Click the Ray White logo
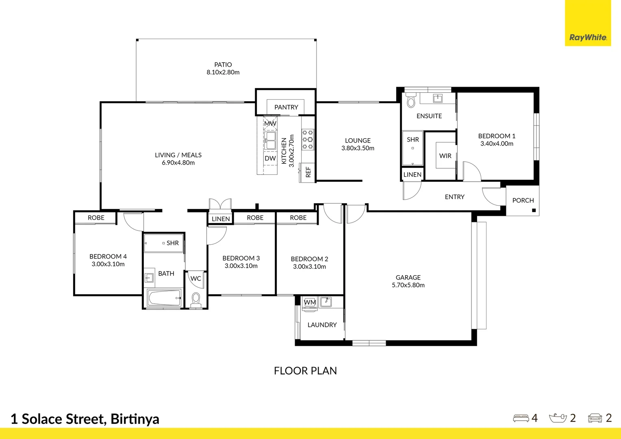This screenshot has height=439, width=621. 588,37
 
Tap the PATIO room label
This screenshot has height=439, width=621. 223,65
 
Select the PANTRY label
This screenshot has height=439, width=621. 286,107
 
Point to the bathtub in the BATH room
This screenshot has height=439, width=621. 164,298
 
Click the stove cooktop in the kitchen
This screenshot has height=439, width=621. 308,139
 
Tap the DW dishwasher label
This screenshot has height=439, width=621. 270,159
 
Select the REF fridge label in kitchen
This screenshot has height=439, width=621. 308,172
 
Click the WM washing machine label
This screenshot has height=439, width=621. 310,302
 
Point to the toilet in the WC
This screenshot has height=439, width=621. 196,299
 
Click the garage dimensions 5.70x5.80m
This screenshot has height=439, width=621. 408,285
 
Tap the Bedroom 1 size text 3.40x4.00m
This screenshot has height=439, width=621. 497,144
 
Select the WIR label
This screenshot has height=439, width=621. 445,156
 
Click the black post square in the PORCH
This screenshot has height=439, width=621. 534,211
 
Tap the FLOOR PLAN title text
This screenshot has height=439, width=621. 305,371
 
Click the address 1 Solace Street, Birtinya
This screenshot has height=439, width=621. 85,419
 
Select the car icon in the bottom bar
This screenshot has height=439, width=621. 595,418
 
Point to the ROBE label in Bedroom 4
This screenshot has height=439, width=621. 96,218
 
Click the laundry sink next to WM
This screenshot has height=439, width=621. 326,302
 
